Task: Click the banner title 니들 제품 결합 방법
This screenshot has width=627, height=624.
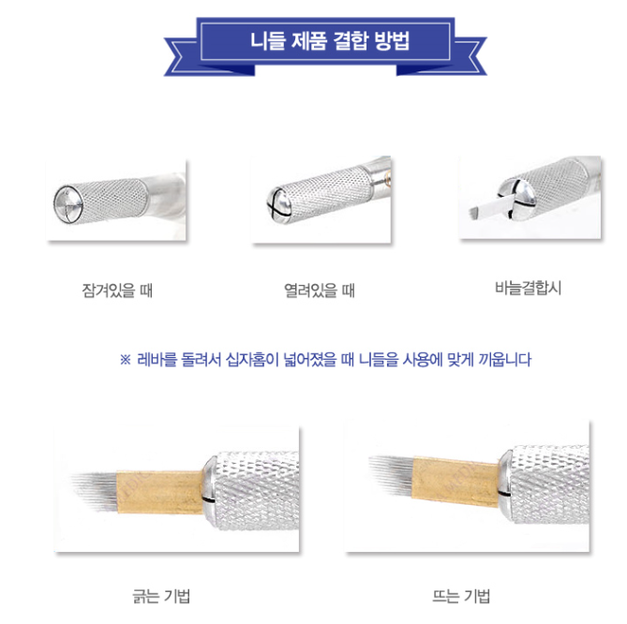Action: point(330,41)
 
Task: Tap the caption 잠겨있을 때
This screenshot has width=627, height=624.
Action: point(117,290)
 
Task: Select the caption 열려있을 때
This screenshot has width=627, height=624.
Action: point(319,290)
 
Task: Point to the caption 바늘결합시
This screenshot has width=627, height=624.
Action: point(528,288)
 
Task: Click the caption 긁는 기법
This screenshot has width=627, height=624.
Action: point(161,596)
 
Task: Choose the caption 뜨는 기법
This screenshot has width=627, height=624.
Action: point(461,596)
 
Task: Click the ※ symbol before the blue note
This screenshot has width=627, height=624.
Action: point(126,360)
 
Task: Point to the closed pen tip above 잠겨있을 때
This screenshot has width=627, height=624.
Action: point(68,204)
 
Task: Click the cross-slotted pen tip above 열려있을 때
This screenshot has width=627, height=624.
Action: point(278,204)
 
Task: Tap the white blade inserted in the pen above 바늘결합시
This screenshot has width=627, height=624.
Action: point(487,207)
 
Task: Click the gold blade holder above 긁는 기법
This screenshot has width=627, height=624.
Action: point(159,492)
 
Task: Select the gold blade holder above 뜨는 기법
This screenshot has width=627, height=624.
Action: point(455,482)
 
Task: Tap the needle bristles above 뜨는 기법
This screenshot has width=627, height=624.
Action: point(391,474)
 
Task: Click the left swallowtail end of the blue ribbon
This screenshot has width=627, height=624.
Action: point(181,56)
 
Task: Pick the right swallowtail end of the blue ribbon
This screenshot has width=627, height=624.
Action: point(470,56)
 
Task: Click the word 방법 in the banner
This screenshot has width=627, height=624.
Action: point(393,41)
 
